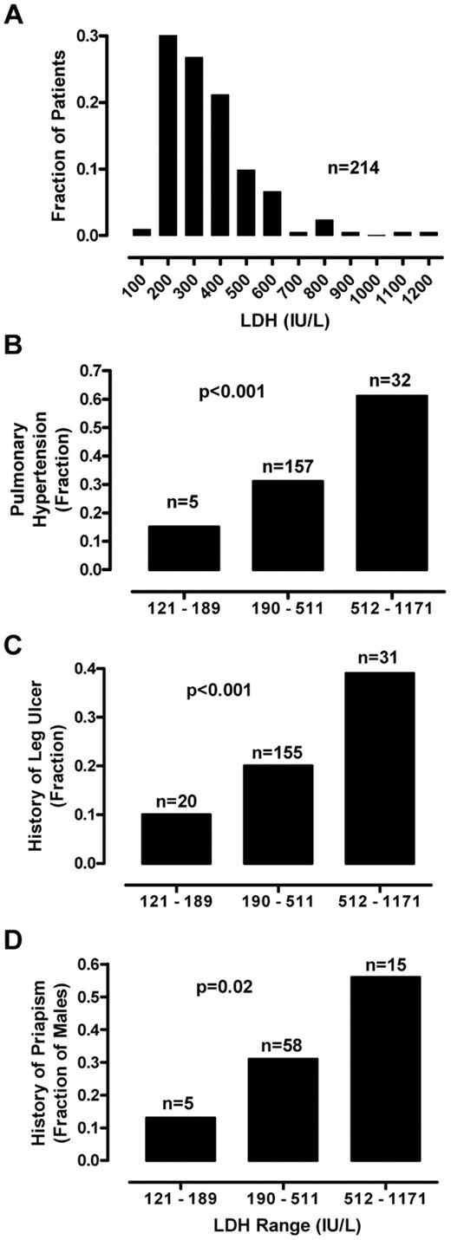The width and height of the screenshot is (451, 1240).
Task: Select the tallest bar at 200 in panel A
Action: click(167, 135)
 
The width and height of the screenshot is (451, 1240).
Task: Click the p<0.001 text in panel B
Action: click(233, 393)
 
